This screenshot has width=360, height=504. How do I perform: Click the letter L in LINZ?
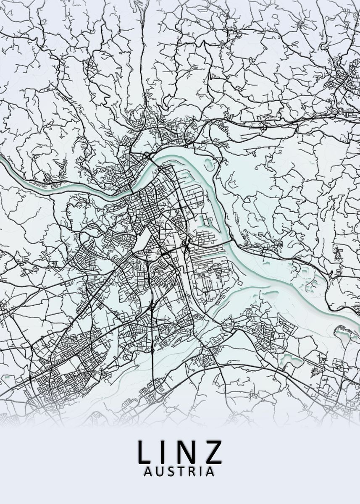145,452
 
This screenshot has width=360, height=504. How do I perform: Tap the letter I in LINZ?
166,452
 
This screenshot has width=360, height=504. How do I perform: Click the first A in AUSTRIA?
148,472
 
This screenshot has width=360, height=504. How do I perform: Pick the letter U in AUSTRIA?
160,472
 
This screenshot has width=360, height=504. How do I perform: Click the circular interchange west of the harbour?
185,244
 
